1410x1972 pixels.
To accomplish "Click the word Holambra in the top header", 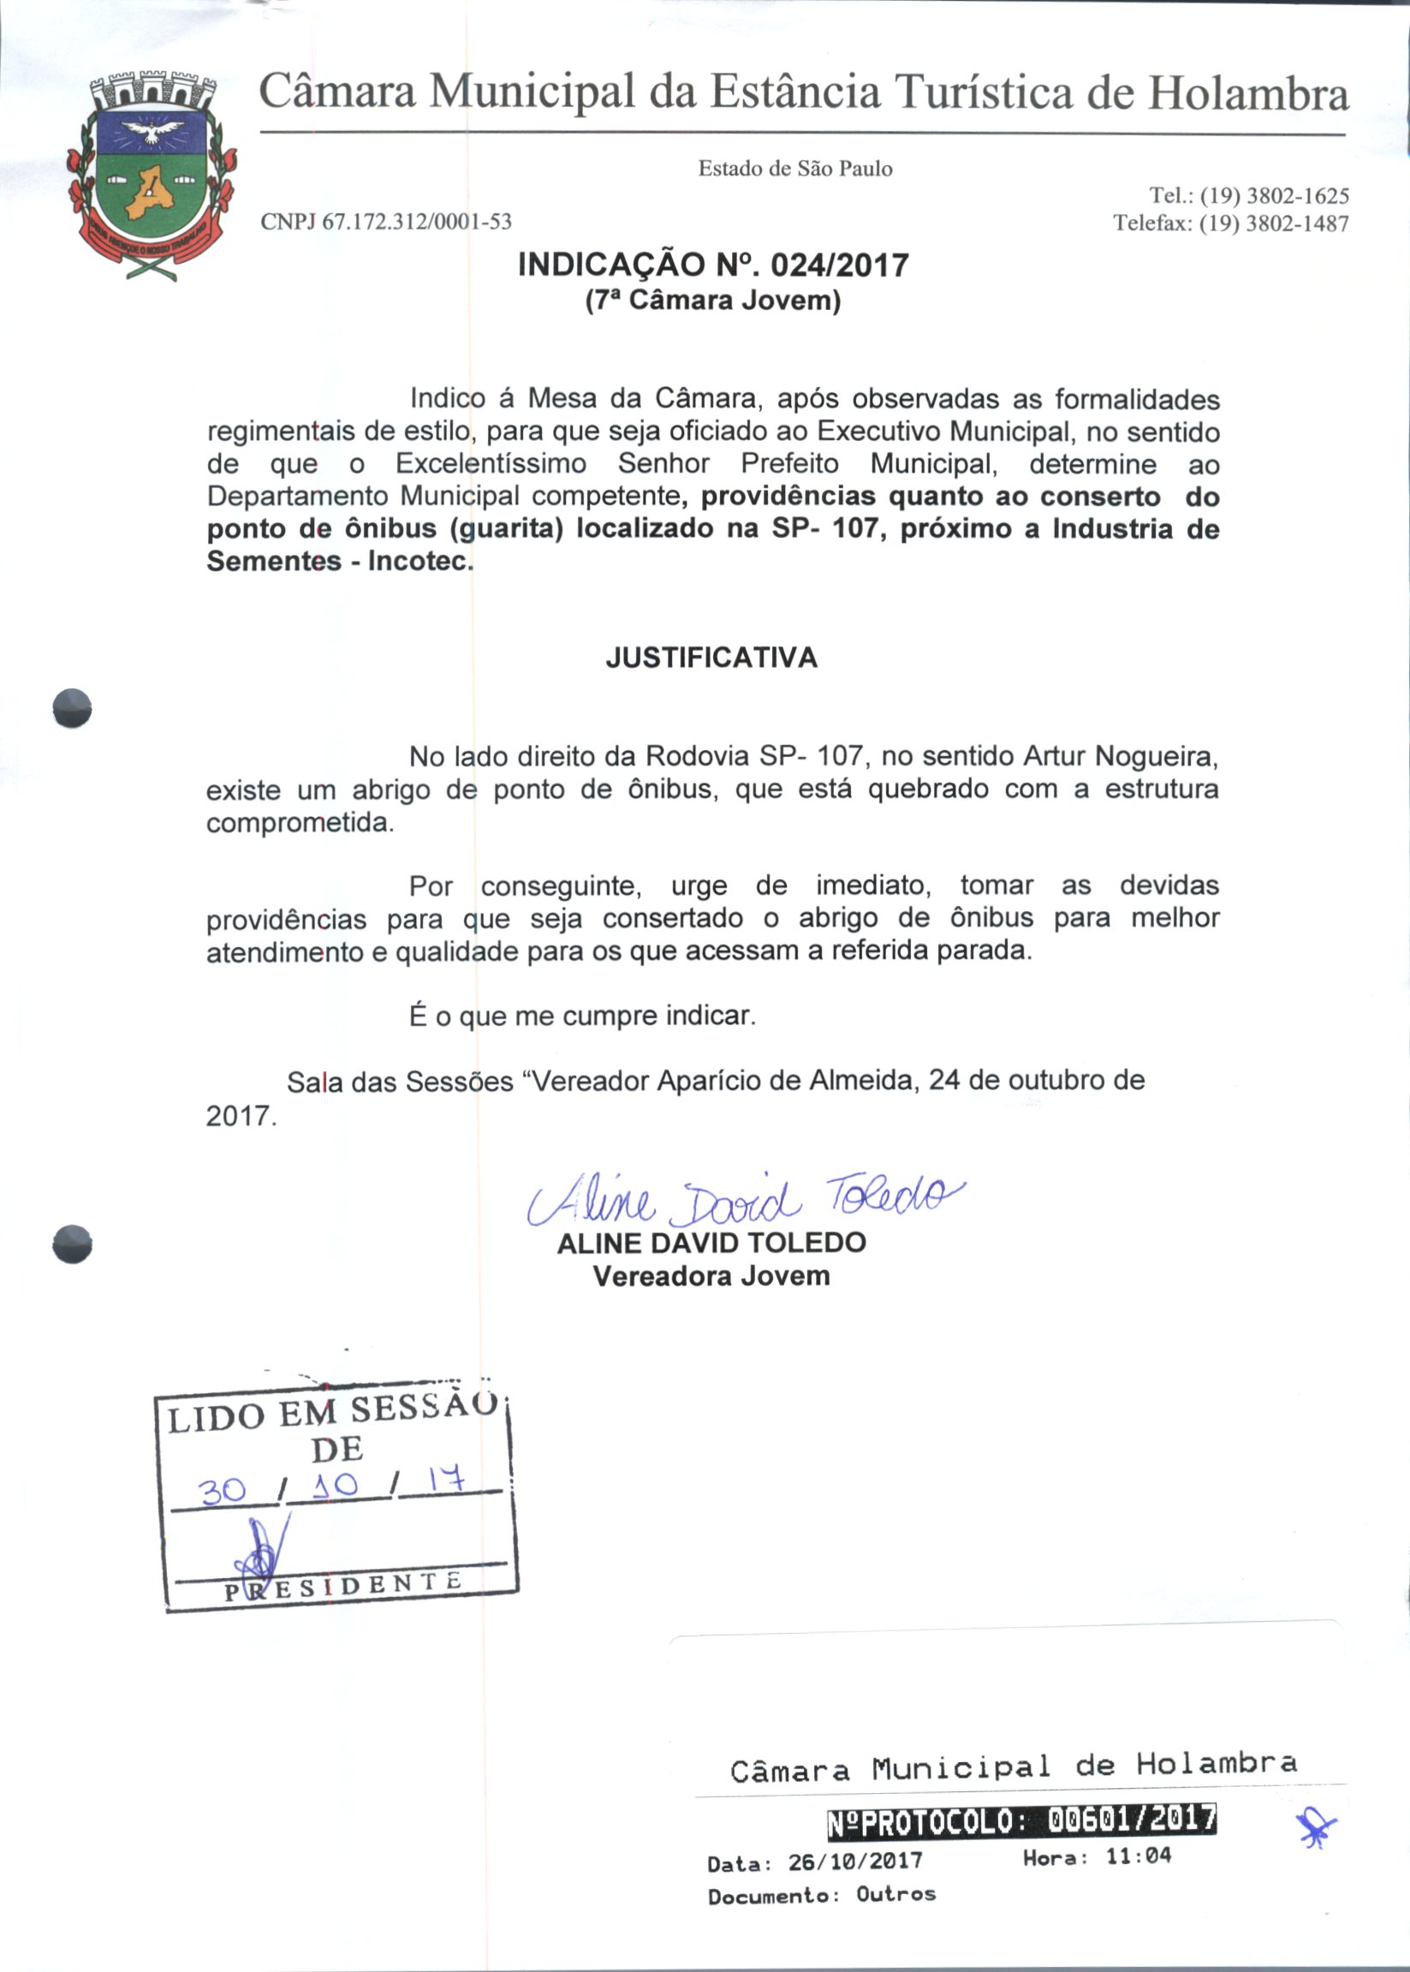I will pos(1248,94).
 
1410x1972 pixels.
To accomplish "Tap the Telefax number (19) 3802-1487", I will pos(1274,224).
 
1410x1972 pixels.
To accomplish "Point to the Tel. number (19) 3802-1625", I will pos(1274,196).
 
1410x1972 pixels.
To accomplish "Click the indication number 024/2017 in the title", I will pos(840,265).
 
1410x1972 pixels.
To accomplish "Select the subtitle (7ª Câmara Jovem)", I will pos(713,301).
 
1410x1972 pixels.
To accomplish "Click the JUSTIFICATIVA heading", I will pos(711,658).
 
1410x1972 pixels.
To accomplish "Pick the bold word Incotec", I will pos(420,561).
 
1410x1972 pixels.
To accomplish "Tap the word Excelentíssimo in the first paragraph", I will pos(491,464).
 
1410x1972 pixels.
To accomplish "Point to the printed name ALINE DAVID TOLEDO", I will pos(711,1242).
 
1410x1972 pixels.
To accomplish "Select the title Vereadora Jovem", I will pos(711,1277).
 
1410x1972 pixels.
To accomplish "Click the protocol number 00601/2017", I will pos(1131,1820).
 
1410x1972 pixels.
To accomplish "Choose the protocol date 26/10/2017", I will pos(854,1862).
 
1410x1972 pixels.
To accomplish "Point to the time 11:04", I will pos(1138,1856).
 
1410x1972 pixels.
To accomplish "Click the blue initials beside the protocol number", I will pos(1316,1829).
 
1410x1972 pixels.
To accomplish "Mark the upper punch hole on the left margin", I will pos(72,707).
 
